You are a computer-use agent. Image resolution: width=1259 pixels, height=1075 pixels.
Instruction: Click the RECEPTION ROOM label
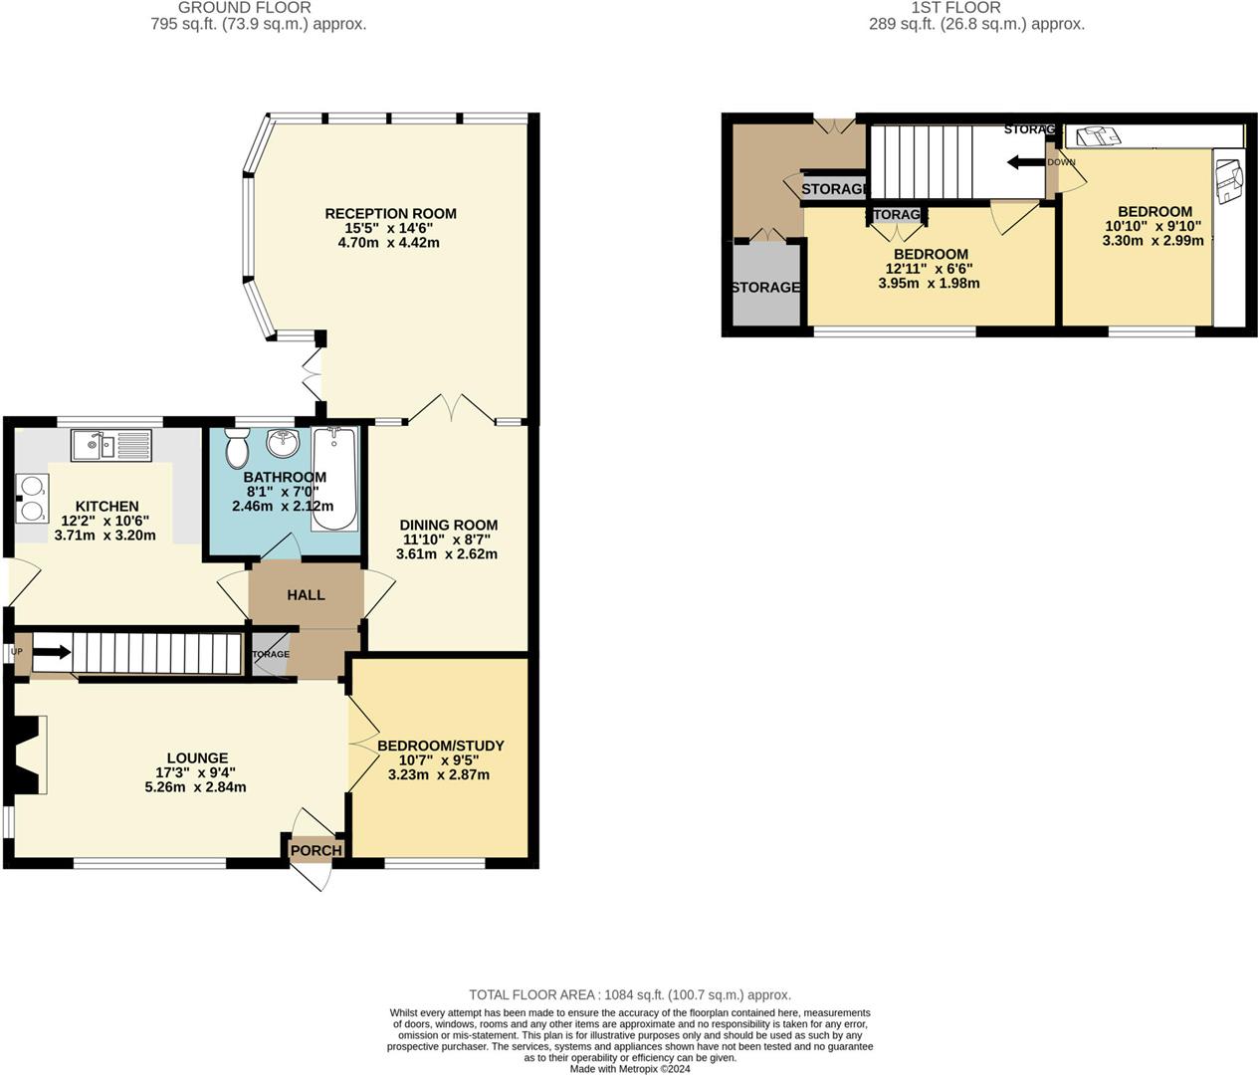pos(390,213)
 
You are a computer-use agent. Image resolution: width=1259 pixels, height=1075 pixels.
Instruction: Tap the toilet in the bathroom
pos(237,450)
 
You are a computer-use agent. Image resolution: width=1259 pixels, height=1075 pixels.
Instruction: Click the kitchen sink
pos(109,444)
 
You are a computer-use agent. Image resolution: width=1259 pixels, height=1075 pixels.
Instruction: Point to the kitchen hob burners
pos(32,499)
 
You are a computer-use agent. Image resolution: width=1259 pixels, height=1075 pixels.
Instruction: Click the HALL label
pos(306,594)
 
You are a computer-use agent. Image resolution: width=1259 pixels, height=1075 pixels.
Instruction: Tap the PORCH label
pos(315,850)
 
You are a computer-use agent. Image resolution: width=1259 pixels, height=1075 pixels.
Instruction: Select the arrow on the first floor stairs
pos(1025,162)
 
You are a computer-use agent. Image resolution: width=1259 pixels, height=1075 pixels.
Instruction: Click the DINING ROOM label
pos(448,525)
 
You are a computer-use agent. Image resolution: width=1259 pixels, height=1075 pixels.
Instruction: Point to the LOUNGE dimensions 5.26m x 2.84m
pos(195,786)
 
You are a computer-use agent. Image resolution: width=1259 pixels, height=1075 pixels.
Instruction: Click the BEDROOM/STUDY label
pos(440,746)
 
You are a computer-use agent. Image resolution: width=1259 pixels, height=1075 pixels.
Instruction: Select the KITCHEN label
pos(106,506)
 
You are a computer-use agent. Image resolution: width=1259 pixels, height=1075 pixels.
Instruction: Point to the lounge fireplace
pos(29,756)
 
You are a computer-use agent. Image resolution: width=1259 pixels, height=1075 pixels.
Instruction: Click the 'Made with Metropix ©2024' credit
pos(629,1069)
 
